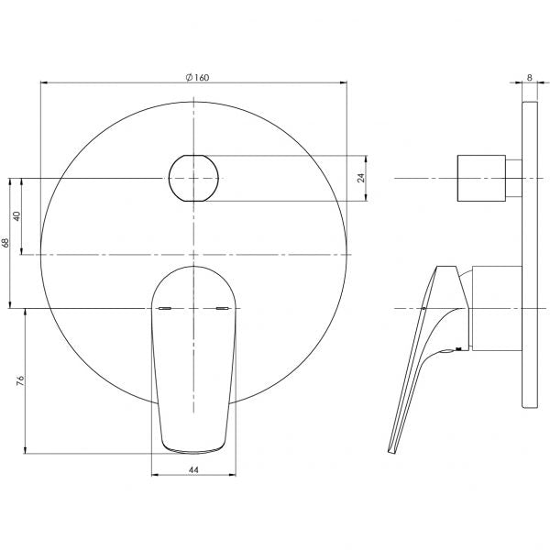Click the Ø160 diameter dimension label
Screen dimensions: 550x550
pos(197,77)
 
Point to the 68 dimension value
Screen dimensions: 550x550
pos(7,243)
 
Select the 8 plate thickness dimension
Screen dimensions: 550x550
pos(531,77)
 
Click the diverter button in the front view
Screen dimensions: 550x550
pos(193,176)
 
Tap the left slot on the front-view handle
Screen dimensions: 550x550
pos(165,310)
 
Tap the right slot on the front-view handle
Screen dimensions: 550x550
pos(221,310)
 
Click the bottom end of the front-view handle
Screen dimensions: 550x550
pos(193,446)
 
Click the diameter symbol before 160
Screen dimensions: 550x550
pos(188,77)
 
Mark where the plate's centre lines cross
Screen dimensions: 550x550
pos(194,254)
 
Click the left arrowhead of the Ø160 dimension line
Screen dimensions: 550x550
pos(42,84)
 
